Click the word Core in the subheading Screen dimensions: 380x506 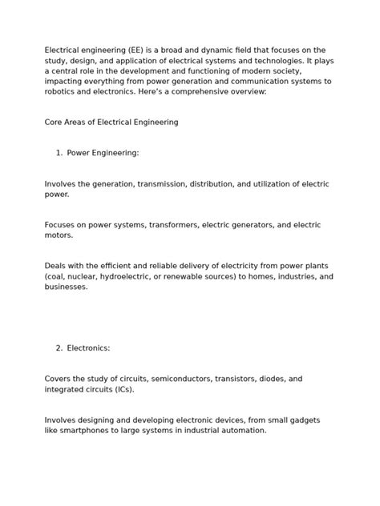[x=54, y=122]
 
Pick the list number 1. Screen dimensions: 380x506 [x=59, y=153]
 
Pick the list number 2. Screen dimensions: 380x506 [x=59, y=348]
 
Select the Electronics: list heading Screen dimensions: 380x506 [x=88, y=348]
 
